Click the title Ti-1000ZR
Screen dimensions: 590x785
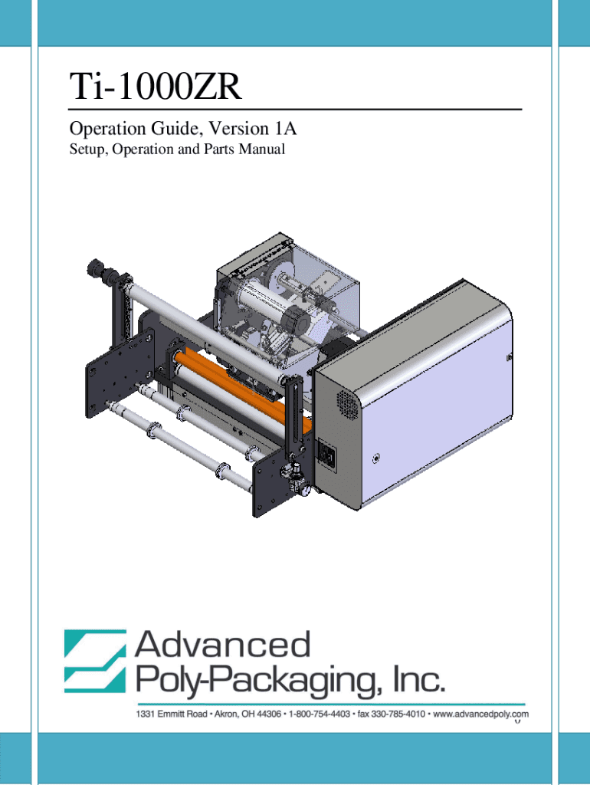click(x=156, y=87)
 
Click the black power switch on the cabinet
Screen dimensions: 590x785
click(x=328, y=455)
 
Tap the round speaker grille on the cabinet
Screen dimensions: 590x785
click(x=347, y=404)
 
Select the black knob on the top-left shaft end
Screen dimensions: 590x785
click(x=94, y=268)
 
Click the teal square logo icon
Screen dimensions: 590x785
click(x=95, y=661)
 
